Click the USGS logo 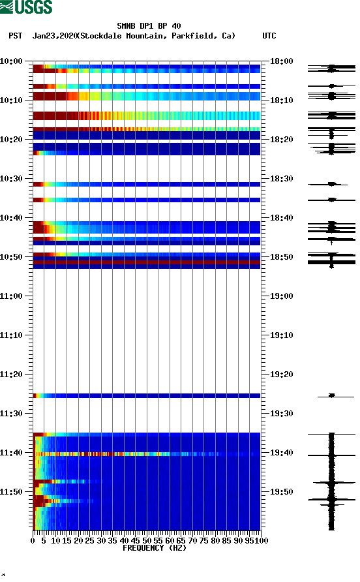tap(26, 8)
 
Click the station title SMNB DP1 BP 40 tap(149, 26)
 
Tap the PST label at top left tap(16, 36)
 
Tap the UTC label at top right tap(269, 36)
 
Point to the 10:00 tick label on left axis tap(11, 61)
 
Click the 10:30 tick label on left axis tap(11, 179)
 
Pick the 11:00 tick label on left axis tap(11, 296)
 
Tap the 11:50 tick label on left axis tap(11, 492)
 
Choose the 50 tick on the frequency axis tap(147, 541)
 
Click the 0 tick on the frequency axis tap(33, 541)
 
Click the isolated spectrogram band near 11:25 tap(147, 395)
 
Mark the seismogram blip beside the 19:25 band tap(331, 395)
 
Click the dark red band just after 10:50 tap(147, 262)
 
